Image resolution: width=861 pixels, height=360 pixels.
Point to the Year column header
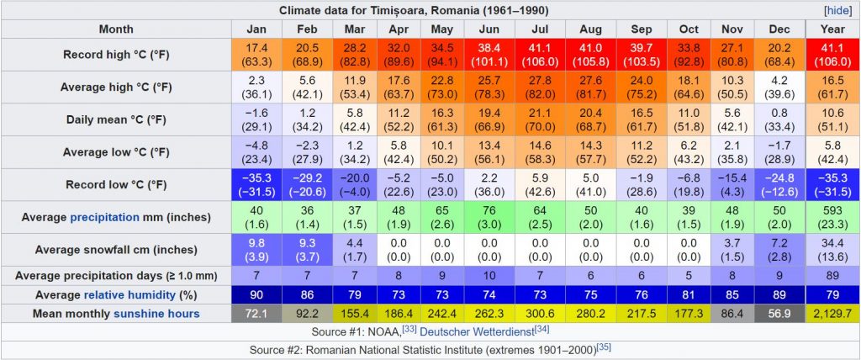click(831, 29)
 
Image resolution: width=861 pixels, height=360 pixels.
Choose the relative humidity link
click(128, 294)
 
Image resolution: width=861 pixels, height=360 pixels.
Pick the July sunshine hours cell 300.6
click(541, 314)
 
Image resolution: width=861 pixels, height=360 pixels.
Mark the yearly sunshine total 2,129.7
click(831, 314)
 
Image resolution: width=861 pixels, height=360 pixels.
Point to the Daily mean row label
click(117, 119)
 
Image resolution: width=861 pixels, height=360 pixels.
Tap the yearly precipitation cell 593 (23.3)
click(831, 217)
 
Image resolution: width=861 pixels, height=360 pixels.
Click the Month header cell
click(117, 29)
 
